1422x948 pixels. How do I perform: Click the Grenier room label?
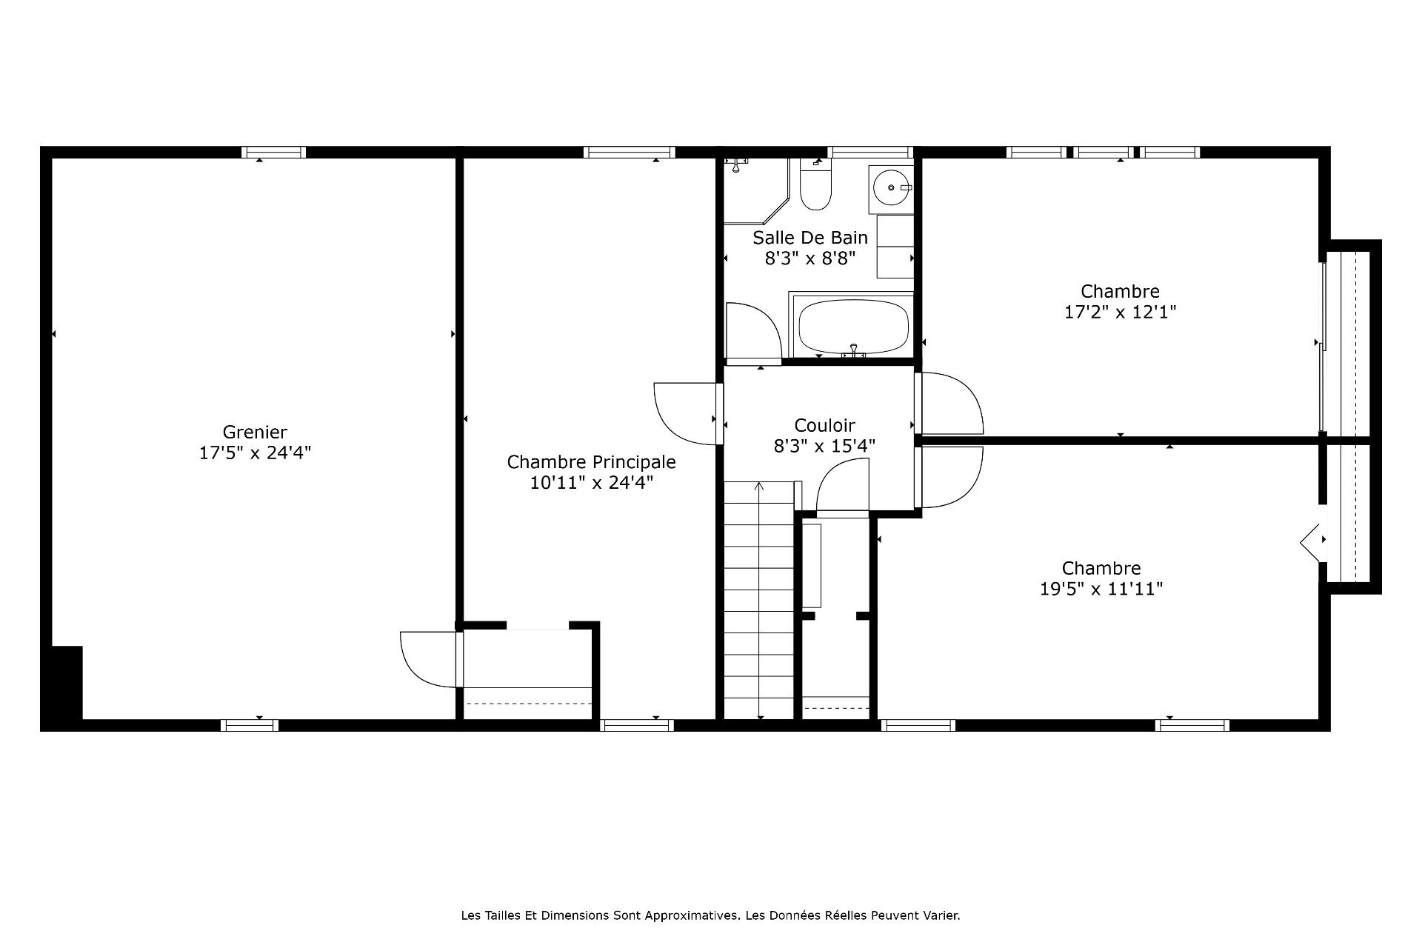(255, 432)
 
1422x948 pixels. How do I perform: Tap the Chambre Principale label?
(591, 462)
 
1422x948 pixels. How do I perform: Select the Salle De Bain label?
(810, 238)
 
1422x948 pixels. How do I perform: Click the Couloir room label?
(824, 426)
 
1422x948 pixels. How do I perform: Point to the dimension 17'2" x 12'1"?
(1120, 312)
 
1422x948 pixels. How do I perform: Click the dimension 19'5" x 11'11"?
(1101, 589)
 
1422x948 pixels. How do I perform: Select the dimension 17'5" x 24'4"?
(255, 453)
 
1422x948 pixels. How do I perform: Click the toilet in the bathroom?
(815, 184)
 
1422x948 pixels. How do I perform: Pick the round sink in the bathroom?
(889, 187)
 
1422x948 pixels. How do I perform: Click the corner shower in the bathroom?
(756, 190)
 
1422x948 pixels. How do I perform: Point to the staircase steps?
(758, 600)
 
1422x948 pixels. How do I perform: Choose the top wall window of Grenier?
(273, 152)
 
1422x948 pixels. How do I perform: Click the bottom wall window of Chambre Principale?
(637, 725)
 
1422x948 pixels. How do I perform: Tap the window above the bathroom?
(870, 152)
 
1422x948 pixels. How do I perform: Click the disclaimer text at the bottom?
(710, 915)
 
